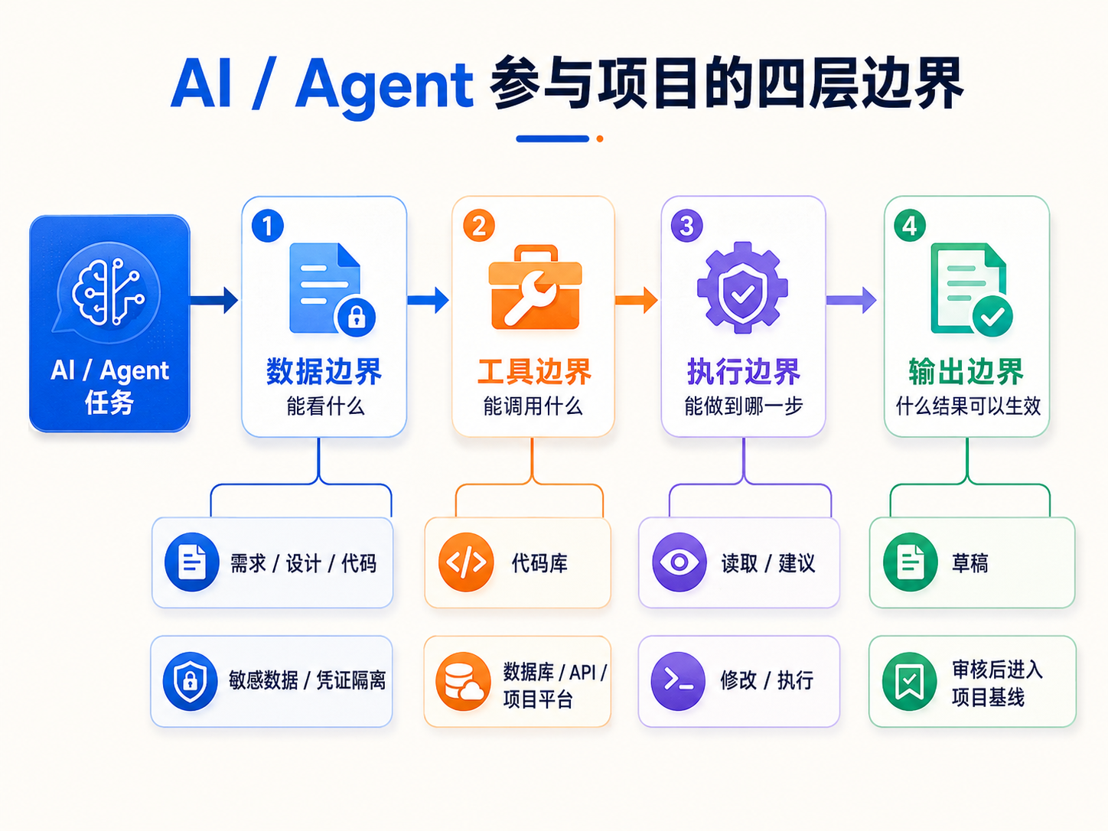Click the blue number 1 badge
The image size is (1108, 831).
[268, 226]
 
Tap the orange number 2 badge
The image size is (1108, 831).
[478, 226]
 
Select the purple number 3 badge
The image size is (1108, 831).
[686, 226]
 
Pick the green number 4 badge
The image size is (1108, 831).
[910, 226]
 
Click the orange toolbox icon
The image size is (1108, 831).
[535, 287]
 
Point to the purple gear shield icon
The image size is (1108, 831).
[742, 288]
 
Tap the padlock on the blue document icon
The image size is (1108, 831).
[357, 317]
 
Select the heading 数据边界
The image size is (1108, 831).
[324, 372]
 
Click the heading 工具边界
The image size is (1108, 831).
[534, 372]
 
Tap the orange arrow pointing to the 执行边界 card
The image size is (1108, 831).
[636, 300]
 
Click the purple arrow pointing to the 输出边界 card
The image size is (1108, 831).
[851, 300]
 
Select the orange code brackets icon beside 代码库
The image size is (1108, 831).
[466, 562]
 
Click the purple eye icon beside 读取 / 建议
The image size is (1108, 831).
[679, 562]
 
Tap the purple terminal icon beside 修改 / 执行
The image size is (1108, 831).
[678, 681]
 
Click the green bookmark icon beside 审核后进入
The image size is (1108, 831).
[910, 681]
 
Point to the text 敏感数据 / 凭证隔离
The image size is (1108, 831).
[307, 680]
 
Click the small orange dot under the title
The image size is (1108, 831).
[600, 138]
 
